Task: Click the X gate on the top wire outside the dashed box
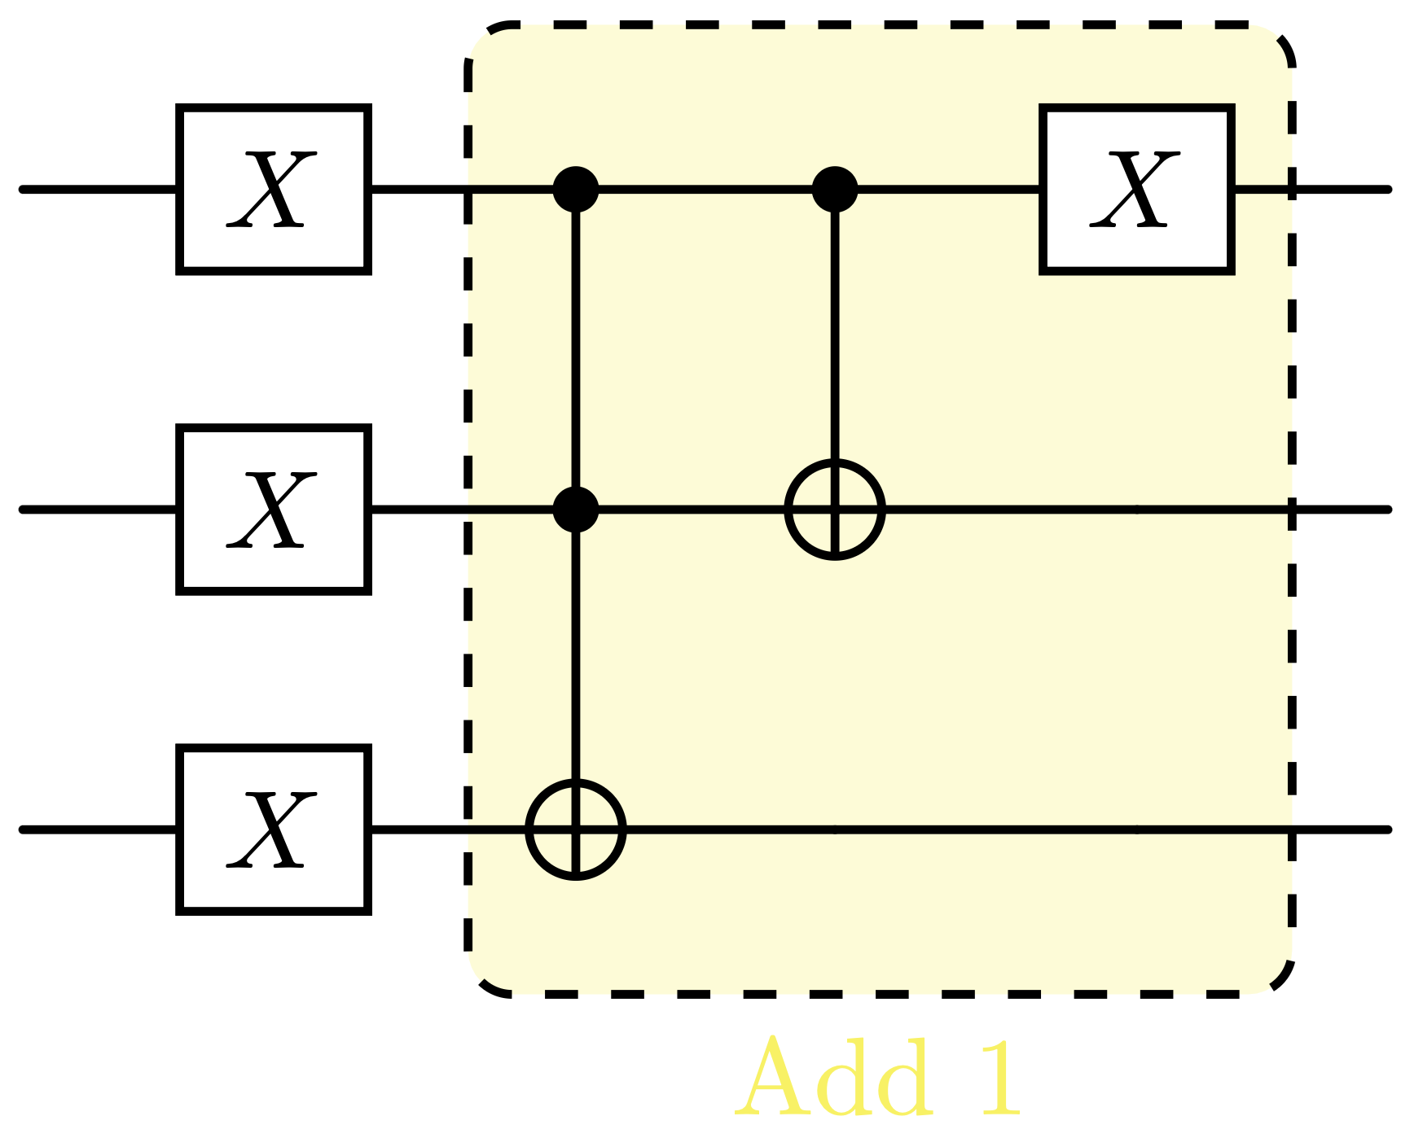tap(274, 189)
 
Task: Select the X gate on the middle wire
tap(274, 509)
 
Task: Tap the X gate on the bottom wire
tap(274, 829)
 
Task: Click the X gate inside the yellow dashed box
tap(1137, 189)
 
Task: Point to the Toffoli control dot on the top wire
tap(576, 189)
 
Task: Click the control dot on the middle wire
tap(576, 509)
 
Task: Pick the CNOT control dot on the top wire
tap(835, 189)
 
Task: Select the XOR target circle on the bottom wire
tap(576, 829)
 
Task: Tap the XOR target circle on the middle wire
tap(835, 509)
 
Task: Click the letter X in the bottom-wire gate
tap(272, 829)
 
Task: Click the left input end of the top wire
tap(24, 189)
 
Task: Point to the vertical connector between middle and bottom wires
tap(576, 651)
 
